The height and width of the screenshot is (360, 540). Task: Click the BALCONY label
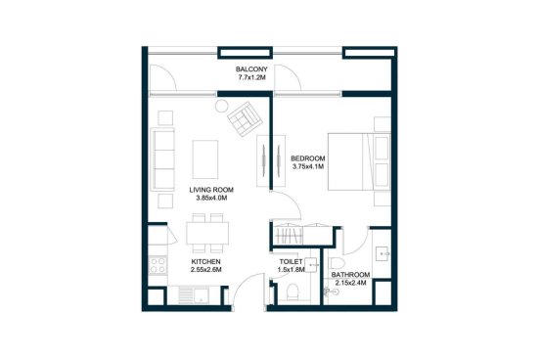pyautogui.click(x=251, y=68)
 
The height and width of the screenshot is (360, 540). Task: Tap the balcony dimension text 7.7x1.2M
pyautogui.click(x=251, y=77)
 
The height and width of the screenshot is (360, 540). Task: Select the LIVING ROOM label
pyautogui.click(x=211, y=190)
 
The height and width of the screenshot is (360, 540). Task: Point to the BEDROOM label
pyautogui.click(x=308, y=158)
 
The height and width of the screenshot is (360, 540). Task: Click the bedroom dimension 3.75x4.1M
pyautogui.click(x=308, y=166)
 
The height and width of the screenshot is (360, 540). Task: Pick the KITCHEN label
pyautogui.click(x=206, y=261)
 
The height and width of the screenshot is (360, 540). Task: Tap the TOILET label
pyautogui.click(x=291, y=262)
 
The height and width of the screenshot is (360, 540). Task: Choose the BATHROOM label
pyautogui.click(x=350, y=275)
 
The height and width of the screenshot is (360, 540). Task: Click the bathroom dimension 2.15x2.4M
pyautogui.click(x=350, y=283)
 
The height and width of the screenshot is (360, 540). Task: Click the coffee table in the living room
pyautogui.click(x=205, y=159)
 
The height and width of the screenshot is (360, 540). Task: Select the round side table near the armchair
pyautogui.click(x=221, y=106)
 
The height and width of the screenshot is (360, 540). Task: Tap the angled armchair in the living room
pyautogui.click(x=245, y=119)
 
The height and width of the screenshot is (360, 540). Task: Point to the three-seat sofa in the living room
pyautogui.click(x=162, y=159)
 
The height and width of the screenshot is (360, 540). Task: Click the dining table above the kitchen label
pyautogui.click(x=207, y=233)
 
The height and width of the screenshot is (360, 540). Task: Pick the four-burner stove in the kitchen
pyautogui.click(x=157, y=265)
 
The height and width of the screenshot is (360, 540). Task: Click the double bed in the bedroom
pyautogui.click(x=359, y=161)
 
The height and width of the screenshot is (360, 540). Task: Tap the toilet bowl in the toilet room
pyautogui.click(x=293, y=292)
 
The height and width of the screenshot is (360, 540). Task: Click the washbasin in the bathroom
pyautogui.click(x=382, y=253)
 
